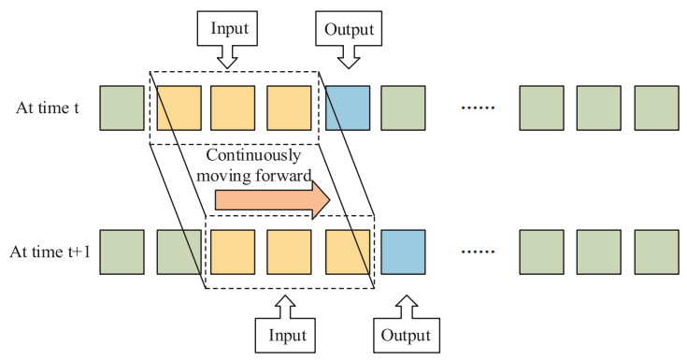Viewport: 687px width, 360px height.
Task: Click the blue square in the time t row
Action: tap(348, 108)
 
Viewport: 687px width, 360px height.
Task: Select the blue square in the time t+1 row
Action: tap(403, 252)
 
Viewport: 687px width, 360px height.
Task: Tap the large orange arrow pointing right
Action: tap(273, 200)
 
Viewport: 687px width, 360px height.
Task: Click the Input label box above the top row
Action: tap(227, 28)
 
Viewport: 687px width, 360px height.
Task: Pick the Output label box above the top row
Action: tap(349, 28)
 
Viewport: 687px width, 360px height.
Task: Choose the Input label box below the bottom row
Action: tap(285, 336)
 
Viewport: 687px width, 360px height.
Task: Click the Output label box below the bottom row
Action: tap(407, 336)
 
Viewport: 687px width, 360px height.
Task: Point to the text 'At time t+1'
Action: tap(50, 252)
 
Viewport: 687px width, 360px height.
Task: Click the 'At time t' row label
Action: tap(48, 108)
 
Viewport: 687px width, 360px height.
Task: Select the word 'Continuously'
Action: tap(253, 155)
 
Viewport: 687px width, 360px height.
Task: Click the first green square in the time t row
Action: tap(122, 108)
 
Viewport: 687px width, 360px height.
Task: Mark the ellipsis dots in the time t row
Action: tap(478, 108)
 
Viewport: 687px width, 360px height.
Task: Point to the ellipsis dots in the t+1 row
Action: tap(478, 252)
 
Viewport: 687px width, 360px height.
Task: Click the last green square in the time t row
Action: tap(657, 108)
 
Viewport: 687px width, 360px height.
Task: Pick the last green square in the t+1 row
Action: tap(657, 252)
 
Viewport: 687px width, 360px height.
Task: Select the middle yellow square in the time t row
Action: tap(233, 108)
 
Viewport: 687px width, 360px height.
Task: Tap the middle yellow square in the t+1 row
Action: tap(289, 252)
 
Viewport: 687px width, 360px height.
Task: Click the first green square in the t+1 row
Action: tap(122, 252)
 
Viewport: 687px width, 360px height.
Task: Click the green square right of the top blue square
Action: tap(403, 108)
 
